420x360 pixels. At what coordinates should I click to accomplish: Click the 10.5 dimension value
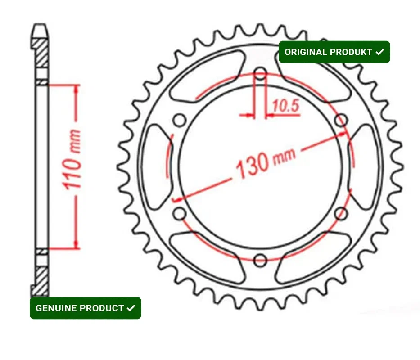tap(285, 106)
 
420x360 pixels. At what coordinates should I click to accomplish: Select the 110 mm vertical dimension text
tap(72, 160)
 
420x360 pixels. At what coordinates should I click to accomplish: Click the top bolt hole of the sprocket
tap(260, 73)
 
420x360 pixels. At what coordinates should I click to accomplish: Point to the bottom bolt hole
tap(260, 260)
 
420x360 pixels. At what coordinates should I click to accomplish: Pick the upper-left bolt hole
tap(180, 120)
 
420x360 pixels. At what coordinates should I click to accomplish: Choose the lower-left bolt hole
tap(180, 213)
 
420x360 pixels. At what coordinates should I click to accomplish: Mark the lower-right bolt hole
tap(341, 213)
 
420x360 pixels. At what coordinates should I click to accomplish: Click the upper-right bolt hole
tap(341, 120)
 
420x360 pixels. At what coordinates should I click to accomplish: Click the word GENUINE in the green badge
tap(54, 308)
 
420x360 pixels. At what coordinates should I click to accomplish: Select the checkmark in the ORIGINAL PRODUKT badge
tap(380, 52)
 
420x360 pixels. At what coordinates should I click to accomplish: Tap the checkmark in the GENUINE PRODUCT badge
tap(131, 308)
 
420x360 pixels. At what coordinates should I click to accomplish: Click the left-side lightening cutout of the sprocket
tap(157, 166)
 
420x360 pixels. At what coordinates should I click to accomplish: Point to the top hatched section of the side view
tap(41, 53)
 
